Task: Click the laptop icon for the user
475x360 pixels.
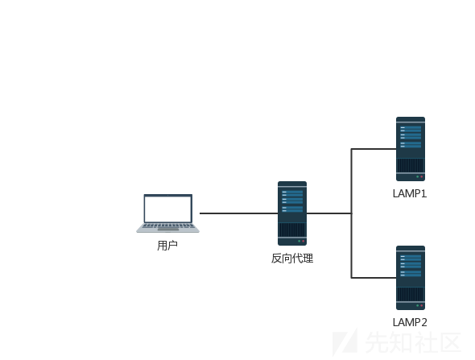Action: (167, 213)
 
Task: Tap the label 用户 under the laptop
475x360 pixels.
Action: (167, 246)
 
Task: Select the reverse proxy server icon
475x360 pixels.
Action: (292, 213)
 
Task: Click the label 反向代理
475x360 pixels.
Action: (292, 259)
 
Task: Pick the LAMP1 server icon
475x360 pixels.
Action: (411, 149)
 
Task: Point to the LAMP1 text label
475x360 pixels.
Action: (410, 193)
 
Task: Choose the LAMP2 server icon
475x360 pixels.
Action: (411, 278)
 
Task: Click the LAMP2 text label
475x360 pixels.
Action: (410, 322)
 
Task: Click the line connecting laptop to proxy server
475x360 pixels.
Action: (239, 213)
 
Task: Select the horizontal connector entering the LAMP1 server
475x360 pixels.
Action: (374, 149)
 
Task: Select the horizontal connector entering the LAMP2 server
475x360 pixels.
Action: (374, 278)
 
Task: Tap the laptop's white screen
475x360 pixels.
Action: (167, 209)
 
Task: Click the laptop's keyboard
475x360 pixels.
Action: (167, 226)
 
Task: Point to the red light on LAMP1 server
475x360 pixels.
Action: (421, 176)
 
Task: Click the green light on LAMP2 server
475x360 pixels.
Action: (418, 305)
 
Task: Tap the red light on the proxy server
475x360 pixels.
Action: (303, 242)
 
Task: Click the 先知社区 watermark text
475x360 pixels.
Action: (413, 342)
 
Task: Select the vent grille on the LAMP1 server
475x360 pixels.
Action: (411, 165)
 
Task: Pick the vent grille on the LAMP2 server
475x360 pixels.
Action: (411, 294)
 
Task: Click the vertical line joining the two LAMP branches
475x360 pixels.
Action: (351, 213)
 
